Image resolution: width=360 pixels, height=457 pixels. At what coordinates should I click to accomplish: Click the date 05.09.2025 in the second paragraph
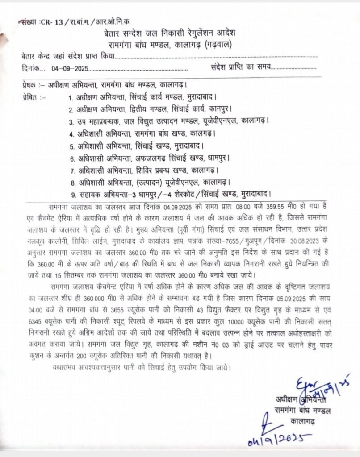[x=284, y=297]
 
